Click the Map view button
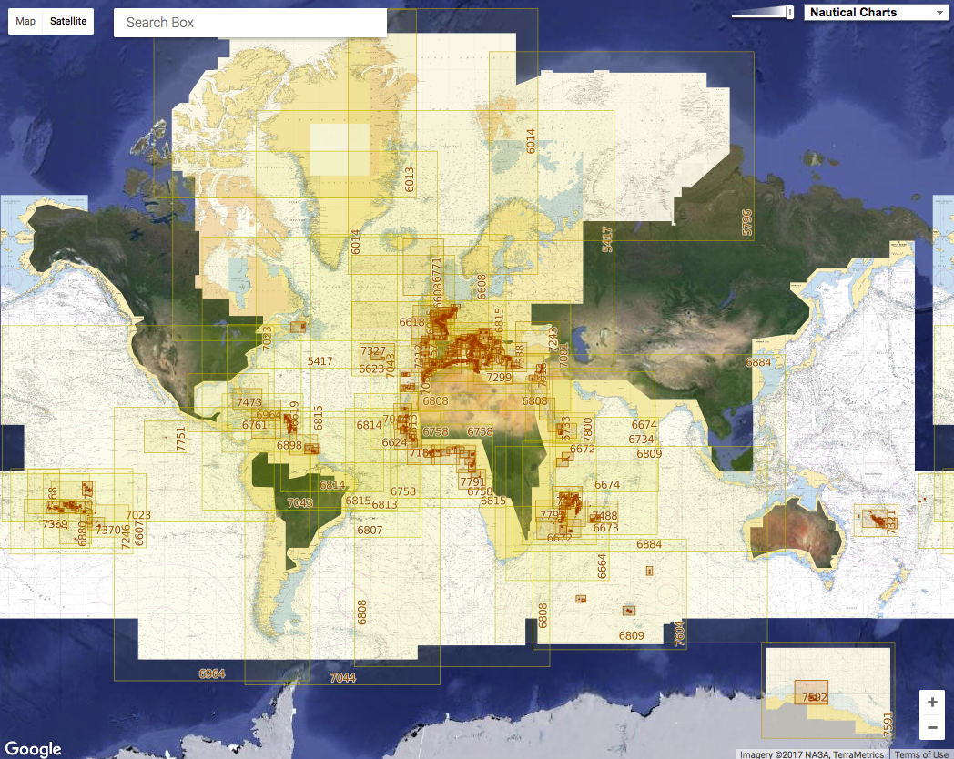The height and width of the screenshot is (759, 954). click(x=26, y=21)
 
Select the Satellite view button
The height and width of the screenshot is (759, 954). click(x=68, y=21)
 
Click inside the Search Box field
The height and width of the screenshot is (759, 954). click(x=249, y=22)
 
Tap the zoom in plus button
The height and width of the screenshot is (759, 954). click(x=931, y=703)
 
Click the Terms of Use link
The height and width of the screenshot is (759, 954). click(x=920, y=754)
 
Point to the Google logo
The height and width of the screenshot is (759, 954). click(x=34, y=748)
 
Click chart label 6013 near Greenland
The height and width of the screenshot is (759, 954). click(x=410, y=178)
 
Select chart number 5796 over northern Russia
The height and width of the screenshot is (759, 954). click(x=747, y=223)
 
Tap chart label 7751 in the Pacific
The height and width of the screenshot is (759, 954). click(x=181, y=439)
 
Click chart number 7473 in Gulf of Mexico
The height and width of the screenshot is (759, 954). click(x=249, y=402)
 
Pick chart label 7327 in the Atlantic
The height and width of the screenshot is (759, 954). click(x=373, y=351)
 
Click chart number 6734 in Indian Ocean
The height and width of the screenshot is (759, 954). click(x=641, y=440)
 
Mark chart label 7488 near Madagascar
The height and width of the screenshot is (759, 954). click(x=604, y=516)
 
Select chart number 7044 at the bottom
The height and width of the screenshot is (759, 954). click(x=343, y=678)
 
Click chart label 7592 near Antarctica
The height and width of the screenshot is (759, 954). click(x=813, y=697)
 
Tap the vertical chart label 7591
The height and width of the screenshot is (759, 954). click(x=888, y=724)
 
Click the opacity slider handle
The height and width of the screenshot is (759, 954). click(x=789, y=12)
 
